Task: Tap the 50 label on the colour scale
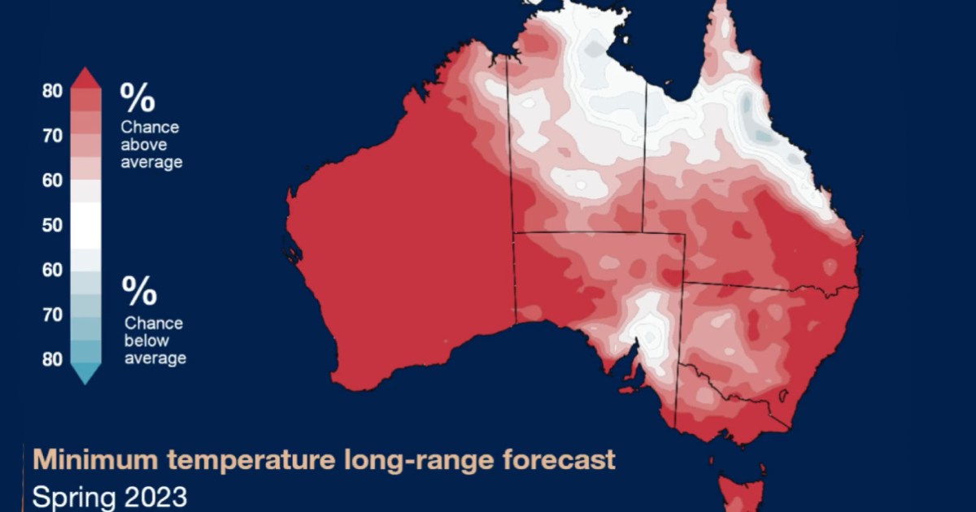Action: coord(52,225)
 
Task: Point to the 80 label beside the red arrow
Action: coord(52,91)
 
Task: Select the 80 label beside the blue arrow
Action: coord(52,359)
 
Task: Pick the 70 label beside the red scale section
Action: coord(52,136)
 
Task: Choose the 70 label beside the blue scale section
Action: coord(52,315)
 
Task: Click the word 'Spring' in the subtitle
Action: coord(70,496)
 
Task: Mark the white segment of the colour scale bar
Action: coord(86,225)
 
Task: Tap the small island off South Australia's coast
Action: coord(628,389)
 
